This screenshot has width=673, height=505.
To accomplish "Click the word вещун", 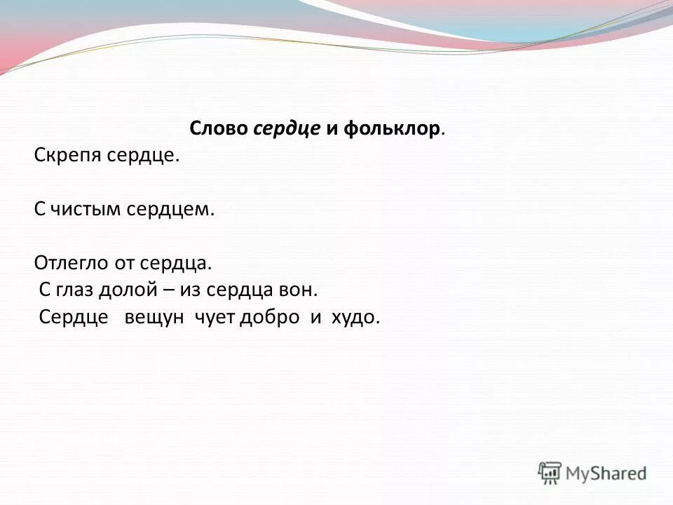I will click(x=154, y=317).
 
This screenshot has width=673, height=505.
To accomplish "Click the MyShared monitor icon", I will click(x=550, y=473).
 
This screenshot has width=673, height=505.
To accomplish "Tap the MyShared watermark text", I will click(x=606, y=473).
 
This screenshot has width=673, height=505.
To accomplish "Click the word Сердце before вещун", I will click(x=74, y=317).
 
